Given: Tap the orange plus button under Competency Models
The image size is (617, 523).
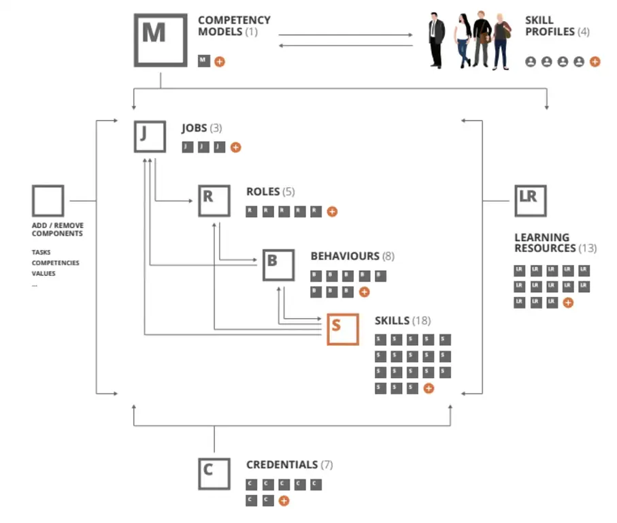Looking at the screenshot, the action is tap(220, 61).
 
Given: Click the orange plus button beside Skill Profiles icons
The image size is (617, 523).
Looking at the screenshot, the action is tap(595, 61).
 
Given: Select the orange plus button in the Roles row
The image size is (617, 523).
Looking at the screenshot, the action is tap(332, 212).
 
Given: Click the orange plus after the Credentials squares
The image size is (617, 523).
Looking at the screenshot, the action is tap(284, 501).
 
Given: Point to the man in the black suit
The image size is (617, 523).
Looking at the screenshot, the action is tap(436, 40).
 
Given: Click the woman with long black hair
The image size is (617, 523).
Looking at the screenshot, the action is tap(463, 40).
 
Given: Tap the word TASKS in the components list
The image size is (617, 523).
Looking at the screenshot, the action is tap(41, 252).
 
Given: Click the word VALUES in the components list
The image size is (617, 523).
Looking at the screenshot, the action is tap(44, 273).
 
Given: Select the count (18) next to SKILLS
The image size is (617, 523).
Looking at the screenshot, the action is tap(422, 321).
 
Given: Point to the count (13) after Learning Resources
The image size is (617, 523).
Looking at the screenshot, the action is tap(588, 248).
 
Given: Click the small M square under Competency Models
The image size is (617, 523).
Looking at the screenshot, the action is tap(204, 61).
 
